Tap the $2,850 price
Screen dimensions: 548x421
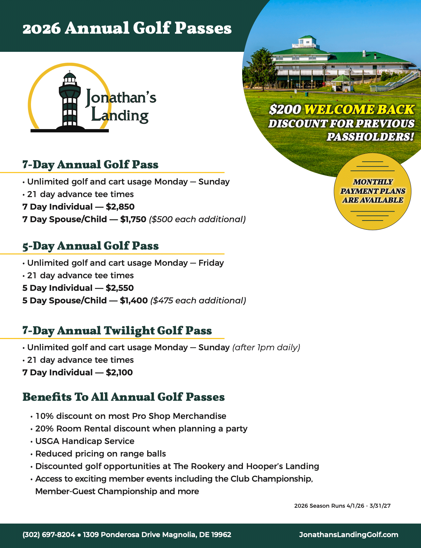(x=120, y=207)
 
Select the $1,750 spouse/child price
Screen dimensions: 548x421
(x=133, y=220)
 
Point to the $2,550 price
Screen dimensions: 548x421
(x=120, y=288)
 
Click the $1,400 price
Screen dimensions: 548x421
(x=134, y=301)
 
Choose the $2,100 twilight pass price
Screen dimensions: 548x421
(x=119, y=373)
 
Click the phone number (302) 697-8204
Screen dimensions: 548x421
(x=49, y=535)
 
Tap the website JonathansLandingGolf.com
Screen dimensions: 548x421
(x=348, y=535)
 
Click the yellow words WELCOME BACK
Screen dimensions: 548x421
(x=359, y=110)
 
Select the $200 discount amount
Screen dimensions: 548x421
(x=285, y=110)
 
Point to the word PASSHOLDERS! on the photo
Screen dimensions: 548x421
(x=370, y=137)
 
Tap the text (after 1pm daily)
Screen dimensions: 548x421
(x=266, y=348)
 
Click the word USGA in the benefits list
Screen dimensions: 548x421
(x=47, y=441)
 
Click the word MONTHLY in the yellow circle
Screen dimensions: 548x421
(x=373, y=182)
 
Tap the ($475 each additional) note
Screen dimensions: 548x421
(x=198, y=301)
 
